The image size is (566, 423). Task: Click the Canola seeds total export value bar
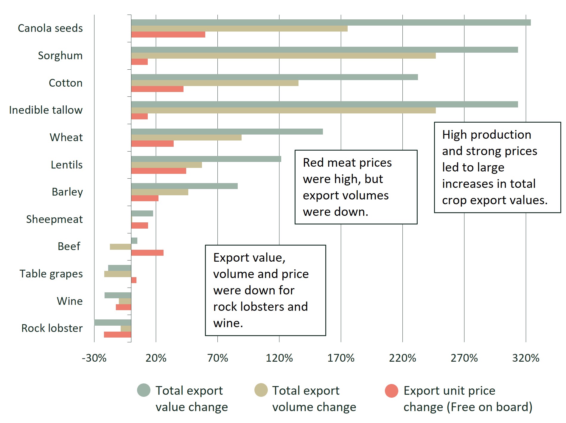[331, 23]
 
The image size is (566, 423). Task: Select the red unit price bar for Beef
[147, 253]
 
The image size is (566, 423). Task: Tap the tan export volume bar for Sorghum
[283, 56]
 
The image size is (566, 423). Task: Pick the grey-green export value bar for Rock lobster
[113, 322]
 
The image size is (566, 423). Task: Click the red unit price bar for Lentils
[158, 171]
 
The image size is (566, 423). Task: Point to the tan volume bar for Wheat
[186, 138]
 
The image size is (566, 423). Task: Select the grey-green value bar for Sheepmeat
[142, 213]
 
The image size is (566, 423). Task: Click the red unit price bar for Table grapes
[134, 280]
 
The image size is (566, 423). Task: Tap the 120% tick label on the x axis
[279, 358]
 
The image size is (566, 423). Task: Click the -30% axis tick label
[94, 358]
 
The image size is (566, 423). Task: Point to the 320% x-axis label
[526, 358]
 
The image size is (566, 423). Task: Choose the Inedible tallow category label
[46, 110]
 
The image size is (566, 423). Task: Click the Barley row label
[67, 192]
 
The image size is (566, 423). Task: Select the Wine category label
[70, 301]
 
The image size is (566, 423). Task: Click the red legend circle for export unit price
[391, 391]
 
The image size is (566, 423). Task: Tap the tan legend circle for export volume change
[261, 390]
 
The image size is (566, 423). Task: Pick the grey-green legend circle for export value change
[144, 390]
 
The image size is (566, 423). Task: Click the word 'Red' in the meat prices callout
[313, 163]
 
